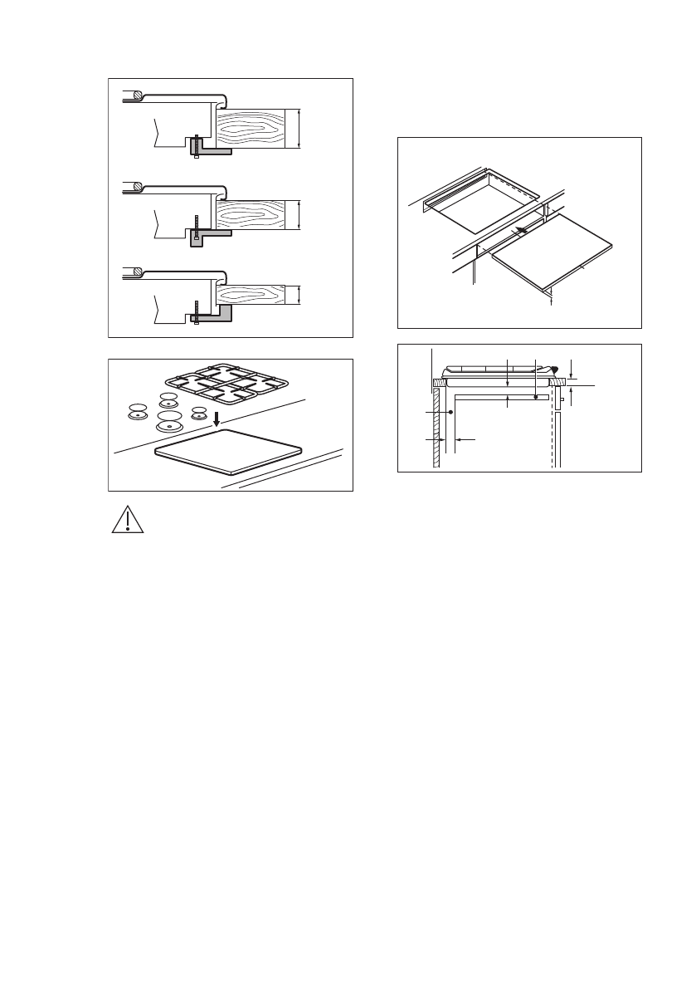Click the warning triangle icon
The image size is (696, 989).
coord(128,519)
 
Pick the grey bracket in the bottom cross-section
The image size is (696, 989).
coord(222,313)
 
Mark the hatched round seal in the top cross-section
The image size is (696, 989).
coord(139,95)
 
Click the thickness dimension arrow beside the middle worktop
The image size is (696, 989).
coord(298,215)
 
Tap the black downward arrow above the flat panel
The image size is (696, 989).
coord(217,417)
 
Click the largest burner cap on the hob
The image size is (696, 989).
coord(170,419)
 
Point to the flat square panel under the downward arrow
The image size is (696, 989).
coord(228,452)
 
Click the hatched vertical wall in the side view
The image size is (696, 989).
coord(436,428)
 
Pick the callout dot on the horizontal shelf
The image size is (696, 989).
coord(536,397)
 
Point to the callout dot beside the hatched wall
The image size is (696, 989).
coord(450,412)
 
